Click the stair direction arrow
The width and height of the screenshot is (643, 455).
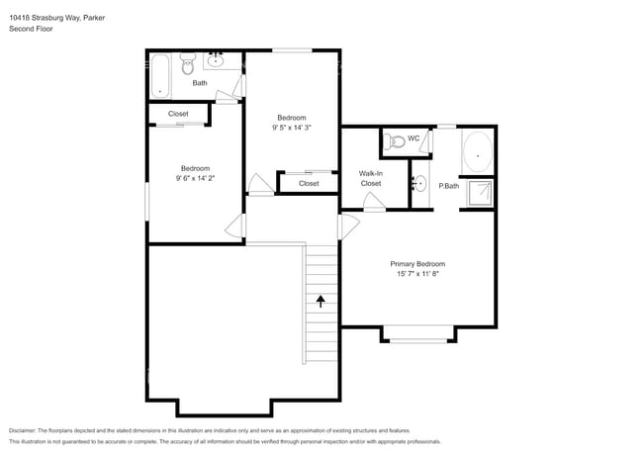point(320,298)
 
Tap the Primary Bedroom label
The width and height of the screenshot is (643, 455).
point(416,264)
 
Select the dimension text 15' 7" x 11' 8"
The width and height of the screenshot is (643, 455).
point(416,275)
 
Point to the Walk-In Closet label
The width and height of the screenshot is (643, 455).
point(371,178)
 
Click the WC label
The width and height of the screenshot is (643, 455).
point(413,137)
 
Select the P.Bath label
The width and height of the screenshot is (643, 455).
point(448,186)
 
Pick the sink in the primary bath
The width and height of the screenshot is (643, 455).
point(418,183)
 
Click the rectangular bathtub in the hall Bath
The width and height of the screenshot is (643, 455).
point(161,75)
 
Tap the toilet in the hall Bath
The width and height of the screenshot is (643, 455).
point(189,68)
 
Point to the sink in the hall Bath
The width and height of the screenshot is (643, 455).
point(219,62)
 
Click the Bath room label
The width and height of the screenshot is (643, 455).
point(200,83)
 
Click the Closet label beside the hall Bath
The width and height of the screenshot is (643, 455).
point(178,114)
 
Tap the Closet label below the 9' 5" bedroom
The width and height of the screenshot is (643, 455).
point(309,183)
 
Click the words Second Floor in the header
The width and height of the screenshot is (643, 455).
point(32,29)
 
